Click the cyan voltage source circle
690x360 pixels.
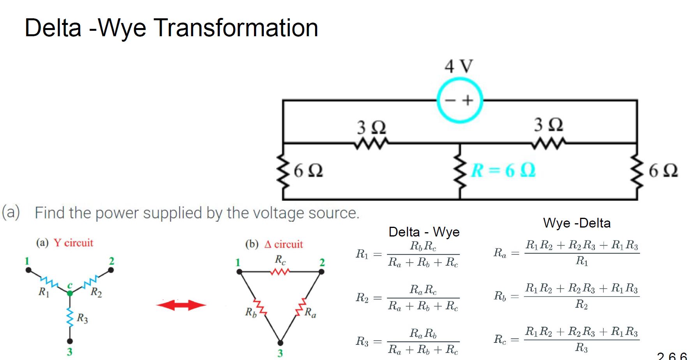coord(459,100)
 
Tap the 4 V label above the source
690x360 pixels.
coord(459,66)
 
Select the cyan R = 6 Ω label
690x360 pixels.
coord(503,170)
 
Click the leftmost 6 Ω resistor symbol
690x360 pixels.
coord(283,171)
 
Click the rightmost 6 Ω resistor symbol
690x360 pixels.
coord(637,171)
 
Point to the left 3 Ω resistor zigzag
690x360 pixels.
coord(371,144)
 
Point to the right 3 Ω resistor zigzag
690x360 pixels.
coord(549,144)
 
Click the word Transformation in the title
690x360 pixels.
coord(236,28)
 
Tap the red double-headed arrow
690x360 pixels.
coord(181,305)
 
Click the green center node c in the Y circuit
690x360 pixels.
coord(70,293)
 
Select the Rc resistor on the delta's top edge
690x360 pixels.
coord(280,272)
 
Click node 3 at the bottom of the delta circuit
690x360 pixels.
coord(280,343)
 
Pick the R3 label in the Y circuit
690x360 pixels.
coord(82,318)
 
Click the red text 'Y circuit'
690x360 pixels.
coord(73,243)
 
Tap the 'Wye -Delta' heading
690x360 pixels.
coord(577,223)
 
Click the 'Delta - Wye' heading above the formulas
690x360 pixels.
coord(424,232)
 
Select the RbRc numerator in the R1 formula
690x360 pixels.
coord(423,246)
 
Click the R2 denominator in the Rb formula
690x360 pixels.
coord(581,304)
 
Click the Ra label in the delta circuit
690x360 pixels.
coord(310,312)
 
